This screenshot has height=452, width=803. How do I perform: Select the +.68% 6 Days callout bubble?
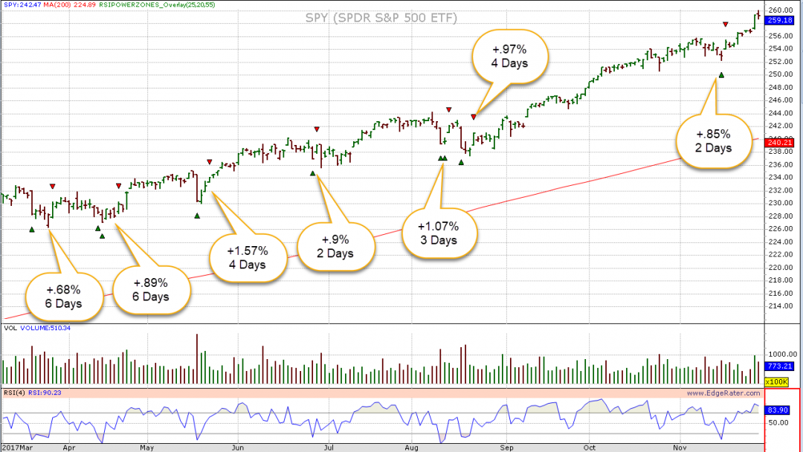click(x=63, y=296)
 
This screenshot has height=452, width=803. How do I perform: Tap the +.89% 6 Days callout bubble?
click(x=151, y=290)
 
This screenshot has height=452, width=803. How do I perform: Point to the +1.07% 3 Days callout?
click(x=438, y=233)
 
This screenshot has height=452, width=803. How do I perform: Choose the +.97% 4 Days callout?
click(x=509, y=56)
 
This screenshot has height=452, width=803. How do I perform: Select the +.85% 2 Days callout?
click(x=713, y=141)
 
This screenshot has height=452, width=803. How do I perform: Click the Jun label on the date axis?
click(x=238, y=448)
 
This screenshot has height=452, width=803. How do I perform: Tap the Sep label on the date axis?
click(x=507, y=448)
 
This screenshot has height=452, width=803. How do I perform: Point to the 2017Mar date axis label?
click(x=16, y=448)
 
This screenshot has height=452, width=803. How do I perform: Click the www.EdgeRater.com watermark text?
click(x=723, y=393)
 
